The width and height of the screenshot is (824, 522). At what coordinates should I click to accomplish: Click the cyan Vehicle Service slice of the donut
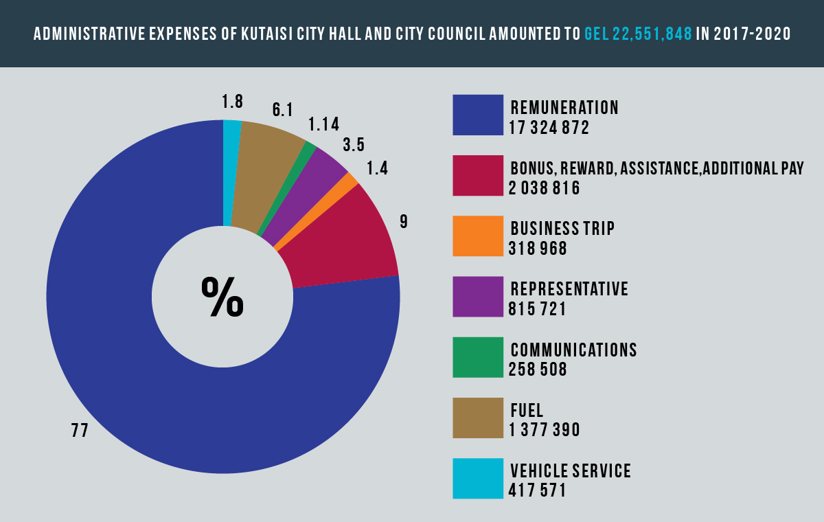pyautogui.click(x=232, y=173)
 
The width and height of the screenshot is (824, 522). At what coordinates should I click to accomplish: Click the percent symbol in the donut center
pyautogui.click(x=222, y=297)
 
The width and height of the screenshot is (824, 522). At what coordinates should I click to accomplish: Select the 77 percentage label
pyautogui.click(x=80, y=430)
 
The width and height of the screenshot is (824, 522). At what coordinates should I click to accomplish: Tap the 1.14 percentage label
pyautogui.click(x=323, y=124)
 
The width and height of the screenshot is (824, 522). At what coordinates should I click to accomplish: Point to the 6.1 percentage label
pyautogui.click(x=282, y=110)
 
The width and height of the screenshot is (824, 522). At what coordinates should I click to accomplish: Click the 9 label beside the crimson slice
pyautogui.click(x=404, y=221)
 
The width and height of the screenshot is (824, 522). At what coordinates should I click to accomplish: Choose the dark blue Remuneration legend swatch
pyautogui.click(x=478, y=115)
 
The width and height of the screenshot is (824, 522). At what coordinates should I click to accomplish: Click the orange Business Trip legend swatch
pyautogui.click(x=478, y=236)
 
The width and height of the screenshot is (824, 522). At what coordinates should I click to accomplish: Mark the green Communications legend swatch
pyautogui.click(x=478, y=357)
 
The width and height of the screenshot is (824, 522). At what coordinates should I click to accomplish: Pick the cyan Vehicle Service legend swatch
pyautogui.click(x=478, y=478)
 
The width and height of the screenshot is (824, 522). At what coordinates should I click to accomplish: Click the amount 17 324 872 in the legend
pyautogui.click(x=549, y=128)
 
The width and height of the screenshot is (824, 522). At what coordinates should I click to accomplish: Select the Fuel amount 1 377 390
pyautogui.click(x=545, y=430)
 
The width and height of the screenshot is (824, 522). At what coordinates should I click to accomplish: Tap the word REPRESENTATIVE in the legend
pyautogui.click(x=569, y=288)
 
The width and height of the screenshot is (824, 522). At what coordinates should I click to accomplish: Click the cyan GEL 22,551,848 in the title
pyautogui.click(x=638, y=34)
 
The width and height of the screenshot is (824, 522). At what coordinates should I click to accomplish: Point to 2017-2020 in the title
pyautogui.click(x=753, y=34)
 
